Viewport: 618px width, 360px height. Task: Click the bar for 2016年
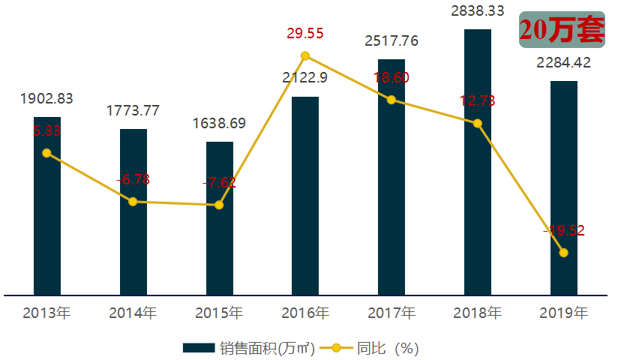pos(305,195)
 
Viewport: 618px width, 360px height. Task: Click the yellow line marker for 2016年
pos(305,55)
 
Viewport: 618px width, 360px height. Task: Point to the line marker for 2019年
pos(564,253)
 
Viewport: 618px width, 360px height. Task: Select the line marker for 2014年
pos(133,202)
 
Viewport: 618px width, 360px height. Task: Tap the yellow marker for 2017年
pos(391,100)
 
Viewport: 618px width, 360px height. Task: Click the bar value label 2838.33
pos(478,11)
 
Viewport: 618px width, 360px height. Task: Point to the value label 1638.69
pos(220,124)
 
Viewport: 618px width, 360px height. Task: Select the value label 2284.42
pos(564,62)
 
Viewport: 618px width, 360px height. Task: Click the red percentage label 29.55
pos(305,34)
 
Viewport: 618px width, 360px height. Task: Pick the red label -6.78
pos(133,179)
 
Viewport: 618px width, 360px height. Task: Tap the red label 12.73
pos(478,101)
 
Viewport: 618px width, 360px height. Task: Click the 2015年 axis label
pos(220,313)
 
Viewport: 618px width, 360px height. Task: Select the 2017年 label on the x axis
pos(391,313)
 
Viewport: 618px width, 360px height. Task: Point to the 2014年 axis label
pos(133,313)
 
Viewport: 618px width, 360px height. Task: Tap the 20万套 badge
pos(561,29)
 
